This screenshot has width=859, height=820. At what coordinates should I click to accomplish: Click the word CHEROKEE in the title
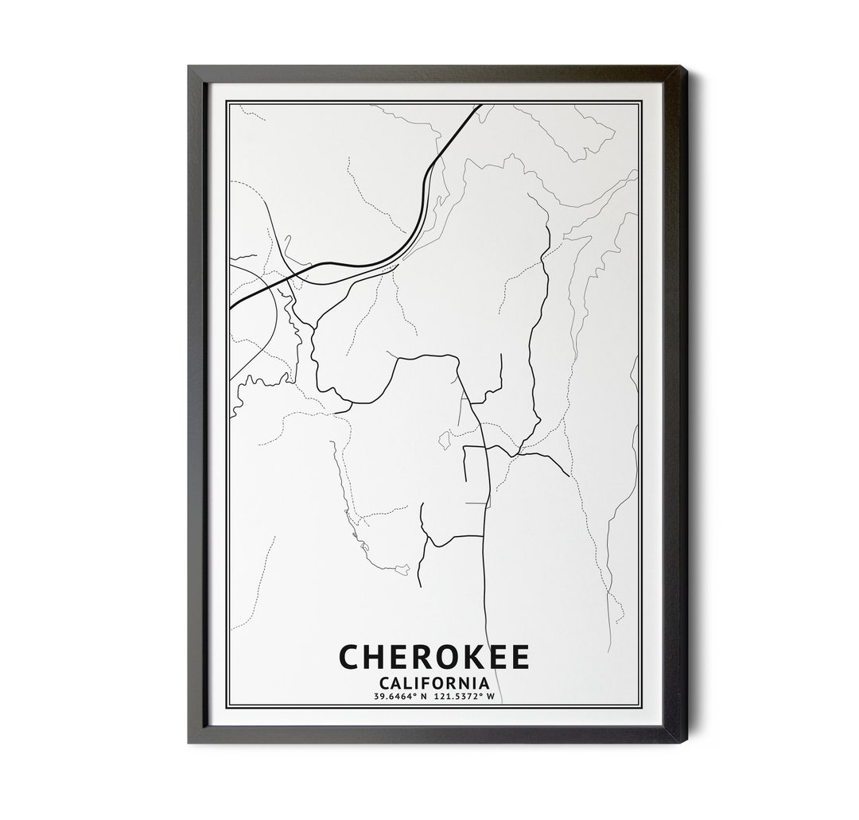434,658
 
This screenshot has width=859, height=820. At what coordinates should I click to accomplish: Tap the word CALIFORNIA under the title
434,682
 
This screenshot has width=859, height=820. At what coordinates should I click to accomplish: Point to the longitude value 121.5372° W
464,697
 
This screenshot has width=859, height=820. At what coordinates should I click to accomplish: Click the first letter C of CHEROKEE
351,658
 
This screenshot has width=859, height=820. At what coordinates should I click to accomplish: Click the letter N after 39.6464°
425,697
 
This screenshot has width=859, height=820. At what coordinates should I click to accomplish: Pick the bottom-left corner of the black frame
189,742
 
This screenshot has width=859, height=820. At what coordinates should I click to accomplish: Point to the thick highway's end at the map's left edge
231,307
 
